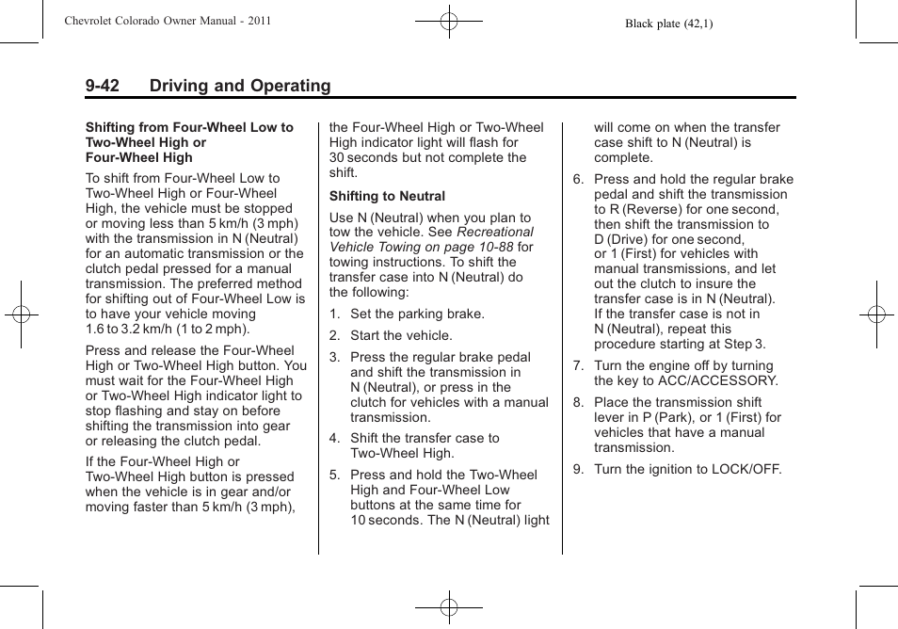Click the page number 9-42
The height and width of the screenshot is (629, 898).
(x=103, y=87)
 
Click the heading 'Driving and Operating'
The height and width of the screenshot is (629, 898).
(x=240, y=87)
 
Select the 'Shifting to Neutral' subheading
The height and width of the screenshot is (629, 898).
(x=387, y=196)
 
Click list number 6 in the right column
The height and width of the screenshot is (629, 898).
(x=578, y=180)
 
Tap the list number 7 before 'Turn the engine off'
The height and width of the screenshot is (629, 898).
(x=578, y=366)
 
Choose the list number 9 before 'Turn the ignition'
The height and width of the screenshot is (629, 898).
(x=578, y=469)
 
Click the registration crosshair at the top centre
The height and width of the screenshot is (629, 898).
(x=449, y=21)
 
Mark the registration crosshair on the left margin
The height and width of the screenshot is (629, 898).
(x=21, y=314)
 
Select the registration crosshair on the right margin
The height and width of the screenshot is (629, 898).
(x=876, y=314)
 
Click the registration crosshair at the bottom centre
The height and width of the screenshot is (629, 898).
(x=449, y=608)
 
